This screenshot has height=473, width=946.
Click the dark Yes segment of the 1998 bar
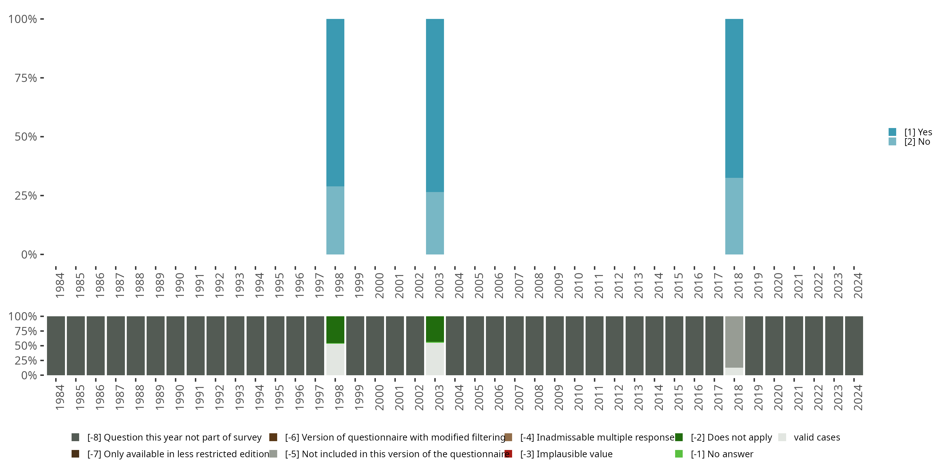tap(335, 102)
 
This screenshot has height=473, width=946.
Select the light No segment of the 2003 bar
tap(435, 223)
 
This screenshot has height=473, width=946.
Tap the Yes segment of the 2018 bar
tap(734, 98)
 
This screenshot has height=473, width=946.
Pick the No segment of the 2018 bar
tap(734, 216)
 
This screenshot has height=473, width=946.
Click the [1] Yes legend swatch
tap(892, 132)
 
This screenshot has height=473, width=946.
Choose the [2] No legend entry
tap(917, 142)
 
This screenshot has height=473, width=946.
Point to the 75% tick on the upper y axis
tap(42, 78)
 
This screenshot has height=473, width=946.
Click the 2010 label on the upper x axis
tap(579, 285)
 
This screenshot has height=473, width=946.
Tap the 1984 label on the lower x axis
tap(60, 397)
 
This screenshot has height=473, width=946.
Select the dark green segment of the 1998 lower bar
tap(335, 330)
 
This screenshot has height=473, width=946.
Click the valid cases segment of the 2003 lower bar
tap(435, 359)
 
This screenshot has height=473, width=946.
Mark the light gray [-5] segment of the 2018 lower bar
tap(734, 342)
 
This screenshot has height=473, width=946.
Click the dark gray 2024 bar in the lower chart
tap(854, 346)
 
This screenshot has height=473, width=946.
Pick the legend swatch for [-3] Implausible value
tap(509, 454)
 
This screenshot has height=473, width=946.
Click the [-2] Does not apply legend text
tap(731, 437)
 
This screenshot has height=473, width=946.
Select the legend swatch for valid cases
tap(782, 437)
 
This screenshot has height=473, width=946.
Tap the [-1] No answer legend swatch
tap(679, 454)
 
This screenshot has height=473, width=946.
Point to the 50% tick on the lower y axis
tap(42, 346)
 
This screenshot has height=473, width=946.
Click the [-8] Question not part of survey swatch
tap(75, 437)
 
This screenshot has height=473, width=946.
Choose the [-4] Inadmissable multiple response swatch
tap(509, 437)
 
